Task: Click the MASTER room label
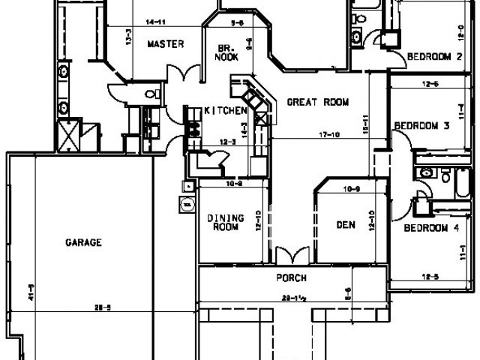(165, 44)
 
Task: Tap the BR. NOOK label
(226, 50)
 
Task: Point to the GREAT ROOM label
(318, 103)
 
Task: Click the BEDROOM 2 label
(433, 56)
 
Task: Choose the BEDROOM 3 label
(421, 126)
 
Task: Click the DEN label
(345, 224)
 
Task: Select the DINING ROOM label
(223, 222)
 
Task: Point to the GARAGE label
(83, 242)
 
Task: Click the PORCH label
(291, 277)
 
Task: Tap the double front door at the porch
(291, 254)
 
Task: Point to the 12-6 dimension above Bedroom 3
(430, 84)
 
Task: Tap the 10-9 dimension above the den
(352, 187)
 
